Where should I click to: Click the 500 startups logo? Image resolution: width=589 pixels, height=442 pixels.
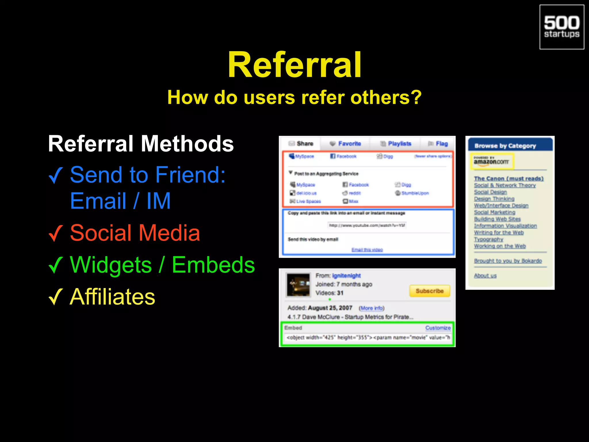click(x=561, y=27)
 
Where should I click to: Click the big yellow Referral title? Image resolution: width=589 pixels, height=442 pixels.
click(x=294, y=65)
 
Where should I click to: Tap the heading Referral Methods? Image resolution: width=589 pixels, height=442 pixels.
click(x=141, y=144)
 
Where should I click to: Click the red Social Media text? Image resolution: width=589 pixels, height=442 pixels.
click(x=135, y=233)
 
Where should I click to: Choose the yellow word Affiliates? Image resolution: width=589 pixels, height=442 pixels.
click(x=112, y=297)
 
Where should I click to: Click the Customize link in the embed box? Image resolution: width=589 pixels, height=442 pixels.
click(x=438, y=328)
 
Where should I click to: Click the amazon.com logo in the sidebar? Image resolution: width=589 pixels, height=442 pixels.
click(x=491, y=161)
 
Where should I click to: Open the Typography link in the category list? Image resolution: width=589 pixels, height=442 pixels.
click(x=488, y=239)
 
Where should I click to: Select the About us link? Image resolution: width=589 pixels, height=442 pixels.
click(x=485, y=276)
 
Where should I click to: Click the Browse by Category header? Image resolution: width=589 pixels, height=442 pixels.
click(x=505, y=146)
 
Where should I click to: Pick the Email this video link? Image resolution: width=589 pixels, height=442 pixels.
click(x=367, y=249)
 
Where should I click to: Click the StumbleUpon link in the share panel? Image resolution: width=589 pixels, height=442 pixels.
click(x=415, y=193)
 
